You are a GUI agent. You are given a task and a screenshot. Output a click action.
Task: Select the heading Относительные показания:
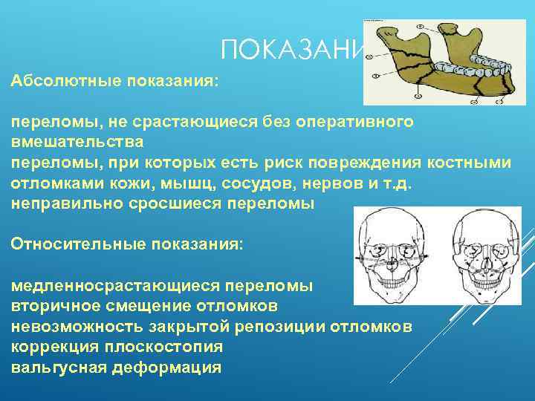(x=127, y=244)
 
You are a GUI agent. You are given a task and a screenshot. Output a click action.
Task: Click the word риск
(x=325, y=162)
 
